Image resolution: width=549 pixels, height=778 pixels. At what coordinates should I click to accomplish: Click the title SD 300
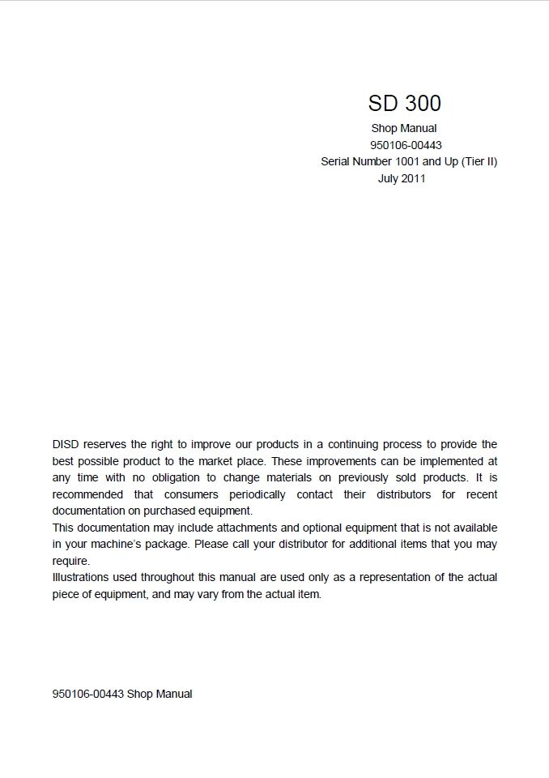click(x=404, y=104)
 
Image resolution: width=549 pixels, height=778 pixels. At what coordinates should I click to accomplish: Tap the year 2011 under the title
click(x=413, y=178)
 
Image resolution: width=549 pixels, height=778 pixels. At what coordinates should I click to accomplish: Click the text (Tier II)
click(x=479, y=161)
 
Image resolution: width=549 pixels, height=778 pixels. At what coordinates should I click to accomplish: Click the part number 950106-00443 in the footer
click(x=87, y=694)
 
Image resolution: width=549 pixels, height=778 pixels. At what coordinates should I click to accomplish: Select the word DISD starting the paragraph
click(x=66, y=444)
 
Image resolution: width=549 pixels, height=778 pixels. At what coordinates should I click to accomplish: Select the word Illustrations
click(x=79, y=577)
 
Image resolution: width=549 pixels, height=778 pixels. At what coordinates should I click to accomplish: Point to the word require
click(x=70, y=561)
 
